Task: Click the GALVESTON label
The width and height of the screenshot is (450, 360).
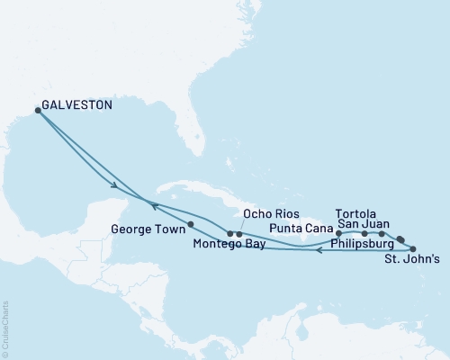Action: [80, 105]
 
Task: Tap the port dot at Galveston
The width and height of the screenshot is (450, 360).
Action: [38, 111]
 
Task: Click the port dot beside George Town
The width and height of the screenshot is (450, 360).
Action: [191, 223]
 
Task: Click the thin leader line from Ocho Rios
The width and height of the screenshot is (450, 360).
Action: [243, 225]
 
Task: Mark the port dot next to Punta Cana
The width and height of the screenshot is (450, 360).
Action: [338, 233]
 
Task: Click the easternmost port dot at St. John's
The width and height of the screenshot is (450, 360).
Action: [413, 247]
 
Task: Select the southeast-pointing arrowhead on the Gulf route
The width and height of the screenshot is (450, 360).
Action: [116, 187]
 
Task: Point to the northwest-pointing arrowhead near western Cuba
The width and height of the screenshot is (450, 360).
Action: [152, 205]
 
